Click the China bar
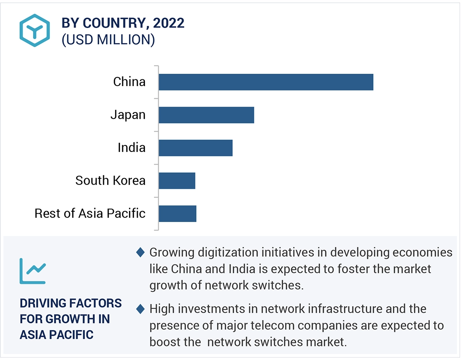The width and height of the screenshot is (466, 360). pyautogui.click(x=266, y=82)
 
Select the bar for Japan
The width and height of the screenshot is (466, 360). pyautogui.click(x=206, y=115)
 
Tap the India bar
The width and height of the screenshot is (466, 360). pyautogui.click(x=196, y=148)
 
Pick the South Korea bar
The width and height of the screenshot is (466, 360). pyautogui.click(x=177, y=181)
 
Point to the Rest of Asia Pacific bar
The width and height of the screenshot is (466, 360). pyautogui.click(x=177, y=213)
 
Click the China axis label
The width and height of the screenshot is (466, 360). pyautogui.click(x=129, y=82)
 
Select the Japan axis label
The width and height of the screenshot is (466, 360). pyautogui.click(x=128, y=115)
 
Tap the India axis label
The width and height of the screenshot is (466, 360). pyautogui.click(x=131, y=148)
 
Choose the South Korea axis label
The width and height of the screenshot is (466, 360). pyautogui.click(x=110, y=181)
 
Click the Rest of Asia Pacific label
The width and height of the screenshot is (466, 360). pyautogui.click(x=90, y=213)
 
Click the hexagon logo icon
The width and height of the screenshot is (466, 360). pyautogui.click(x=35, y=30)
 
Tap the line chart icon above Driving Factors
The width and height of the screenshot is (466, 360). pyautogui.click(x=32, y=271)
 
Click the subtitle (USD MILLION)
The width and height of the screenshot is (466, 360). pyautogui.click(x=108, y=40)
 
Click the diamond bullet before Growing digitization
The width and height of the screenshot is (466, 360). pyautogui.click(x=140, y=252)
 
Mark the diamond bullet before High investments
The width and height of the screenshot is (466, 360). pyautogui.click(x=140, y=309)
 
